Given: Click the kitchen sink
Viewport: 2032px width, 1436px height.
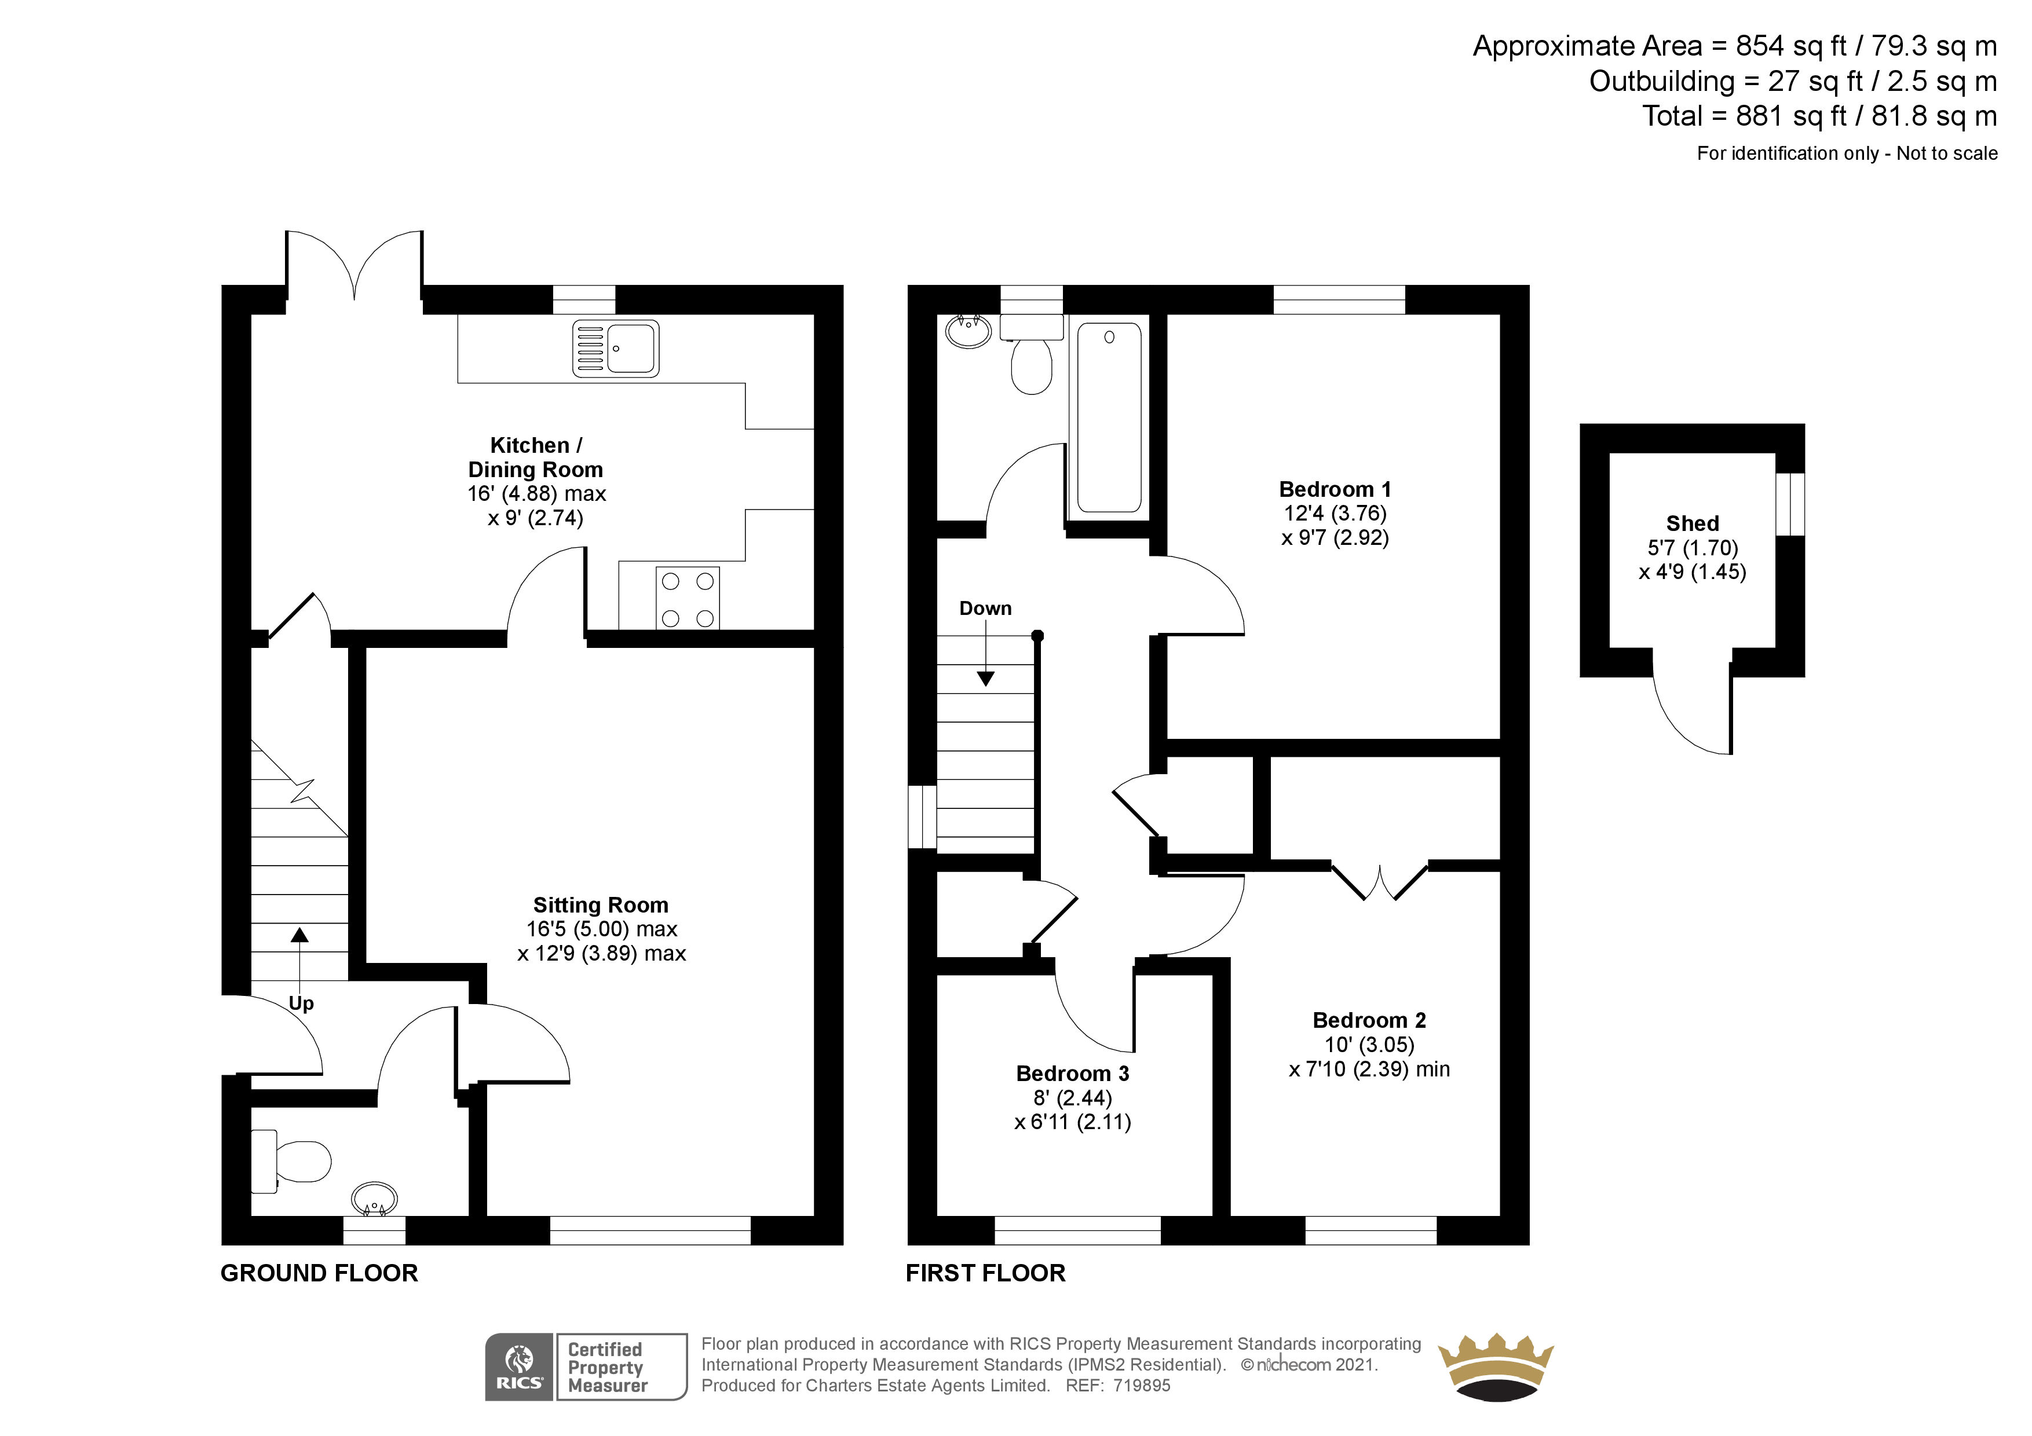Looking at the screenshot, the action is tap(615, 349).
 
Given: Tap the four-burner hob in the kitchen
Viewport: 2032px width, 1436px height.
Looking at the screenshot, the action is tap(688, 598).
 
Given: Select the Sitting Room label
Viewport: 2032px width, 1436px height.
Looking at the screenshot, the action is tap(601, 905).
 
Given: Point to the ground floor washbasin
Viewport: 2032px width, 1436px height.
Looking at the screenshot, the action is tap(374, 1199).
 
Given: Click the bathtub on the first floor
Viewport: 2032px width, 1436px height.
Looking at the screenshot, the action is tap(1109, 417).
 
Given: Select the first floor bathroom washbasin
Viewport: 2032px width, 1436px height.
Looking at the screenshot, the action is tap(969, 331).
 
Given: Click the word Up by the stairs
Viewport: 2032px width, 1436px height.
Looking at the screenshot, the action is tap(301, 1003).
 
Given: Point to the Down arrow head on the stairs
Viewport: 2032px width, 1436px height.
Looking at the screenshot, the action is tap(986, 679).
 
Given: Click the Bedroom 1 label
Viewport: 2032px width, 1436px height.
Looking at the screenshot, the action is tap(1335, 489).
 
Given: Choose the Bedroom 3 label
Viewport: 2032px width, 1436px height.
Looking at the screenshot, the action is tap(1073, 1074).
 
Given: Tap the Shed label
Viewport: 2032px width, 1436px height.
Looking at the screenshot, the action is tap(1692, 524).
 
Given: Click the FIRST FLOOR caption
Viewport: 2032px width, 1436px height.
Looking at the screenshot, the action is tap(986, 1273).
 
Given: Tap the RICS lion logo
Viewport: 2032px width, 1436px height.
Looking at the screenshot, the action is tap(518, 1367).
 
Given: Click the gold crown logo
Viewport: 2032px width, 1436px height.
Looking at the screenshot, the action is tap(1496, 1367).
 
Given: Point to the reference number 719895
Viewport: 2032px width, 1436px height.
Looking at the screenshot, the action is tap(1142, 1386).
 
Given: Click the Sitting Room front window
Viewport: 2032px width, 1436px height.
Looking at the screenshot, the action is tap(650, 1230).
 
